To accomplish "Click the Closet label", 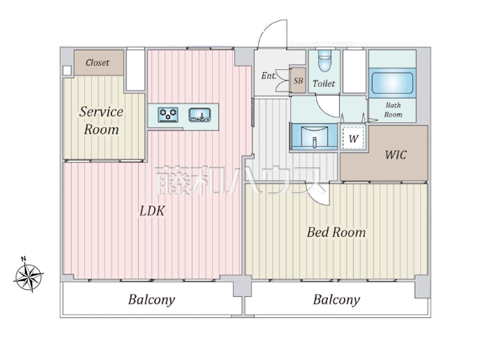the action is click(x=97, y=63).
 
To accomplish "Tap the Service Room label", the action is click(x=101, y=120).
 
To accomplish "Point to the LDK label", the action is click(x=152, y=211).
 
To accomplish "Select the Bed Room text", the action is click(x=336, y=232).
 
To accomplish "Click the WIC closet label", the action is click(x=396, y=155).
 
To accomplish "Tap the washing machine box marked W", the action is click(x=353, y=138).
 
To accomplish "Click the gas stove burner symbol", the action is click(x=168, y=115).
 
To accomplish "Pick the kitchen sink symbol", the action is click(x=199, y=115).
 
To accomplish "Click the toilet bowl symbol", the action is click(x=325, y=60).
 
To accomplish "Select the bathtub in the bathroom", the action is click(x=393, y=83).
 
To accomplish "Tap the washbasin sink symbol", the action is click(x=315, y=137).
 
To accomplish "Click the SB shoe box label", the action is click(x=298, y=81).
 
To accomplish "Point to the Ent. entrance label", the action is click(x=269, y=76).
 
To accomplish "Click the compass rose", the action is click(x=28, y=278).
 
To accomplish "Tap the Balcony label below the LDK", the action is click(x=152, y=300).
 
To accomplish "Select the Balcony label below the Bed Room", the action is click(x=336, y=300).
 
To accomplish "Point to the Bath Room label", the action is click(x=393, y=110).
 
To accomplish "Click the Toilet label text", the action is click(x=324, y=84).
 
